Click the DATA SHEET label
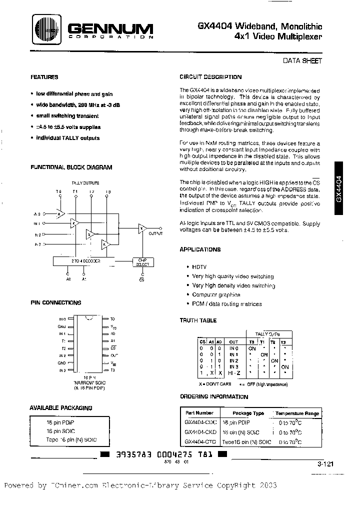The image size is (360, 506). (x=303, y=60)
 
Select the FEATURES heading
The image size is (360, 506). (x=44, y=77)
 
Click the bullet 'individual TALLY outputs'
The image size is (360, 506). (x=67, y=138)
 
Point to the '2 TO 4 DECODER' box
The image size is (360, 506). (x=83, y=261)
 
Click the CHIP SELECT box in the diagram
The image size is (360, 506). (x=142, y=262)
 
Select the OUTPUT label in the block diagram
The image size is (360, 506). (x=156, y=233)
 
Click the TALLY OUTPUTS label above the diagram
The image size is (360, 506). (x=85, y=183)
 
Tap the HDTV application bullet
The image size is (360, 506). (x=199, y=267)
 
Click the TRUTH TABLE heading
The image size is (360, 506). (x=198, y=321)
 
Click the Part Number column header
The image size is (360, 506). (x=199, y=413)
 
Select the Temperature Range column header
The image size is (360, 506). (x=298, y=413)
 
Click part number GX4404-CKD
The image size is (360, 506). (x=200, y=431)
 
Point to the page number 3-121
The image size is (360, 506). (x=325, y=464)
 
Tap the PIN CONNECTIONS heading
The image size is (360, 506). (x=55, y=303)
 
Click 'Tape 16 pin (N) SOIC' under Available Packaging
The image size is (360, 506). (x=70, y=439)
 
